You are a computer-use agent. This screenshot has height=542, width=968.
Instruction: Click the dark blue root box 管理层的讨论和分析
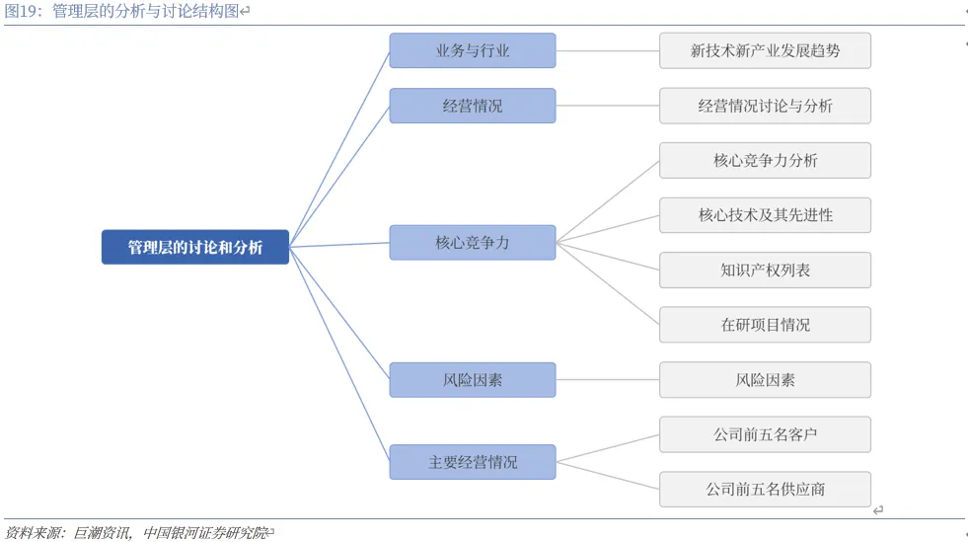click(195, 247)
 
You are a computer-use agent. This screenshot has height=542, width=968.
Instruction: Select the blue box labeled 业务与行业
click(473, 50)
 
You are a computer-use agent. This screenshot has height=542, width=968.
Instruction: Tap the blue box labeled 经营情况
click(473, 106)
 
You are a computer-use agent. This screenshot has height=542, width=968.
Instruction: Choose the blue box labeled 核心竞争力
click(473, 243)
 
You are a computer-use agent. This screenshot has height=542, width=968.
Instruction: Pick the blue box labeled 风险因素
click(473, 380)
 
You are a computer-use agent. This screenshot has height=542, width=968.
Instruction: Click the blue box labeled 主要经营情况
click(473, 462)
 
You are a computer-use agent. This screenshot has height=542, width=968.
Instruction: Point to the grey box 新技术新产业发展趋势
click(765, 50)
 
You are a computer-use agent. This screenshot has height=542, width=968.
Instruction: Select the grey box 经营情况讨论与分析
click(765, 106)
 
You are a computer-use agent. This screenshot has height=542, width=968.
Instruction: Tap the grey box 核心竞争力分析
click(765, 161)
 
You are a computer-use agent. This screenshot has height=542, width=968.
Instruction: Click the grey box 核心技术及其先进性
click(765, 215)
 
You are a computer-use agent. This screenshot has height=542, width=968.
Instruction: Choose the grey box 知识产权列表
click(765, 270)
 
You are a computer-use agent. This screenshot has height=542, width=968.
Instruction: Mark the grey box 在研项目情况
click(765, 325)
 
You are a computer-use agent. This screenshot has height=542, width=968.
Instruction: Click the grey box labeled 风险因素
click(765, 380)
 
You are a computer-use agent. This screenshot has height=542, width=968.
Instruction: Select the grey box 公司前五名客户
click(765, 434)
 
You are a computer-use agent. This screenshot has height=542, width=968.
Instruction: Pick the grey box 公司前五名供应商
click(765, 490)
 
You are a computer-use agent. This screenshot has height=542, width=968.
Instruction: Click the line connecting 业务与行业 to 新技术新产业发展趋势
click(608, 50)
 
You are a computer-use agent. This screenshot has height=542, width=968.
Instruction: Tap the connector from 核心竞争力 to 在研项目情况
click(608, 283)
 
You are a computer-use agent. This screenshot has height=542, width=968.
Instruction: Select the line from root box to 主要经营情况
click(338, 354)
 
